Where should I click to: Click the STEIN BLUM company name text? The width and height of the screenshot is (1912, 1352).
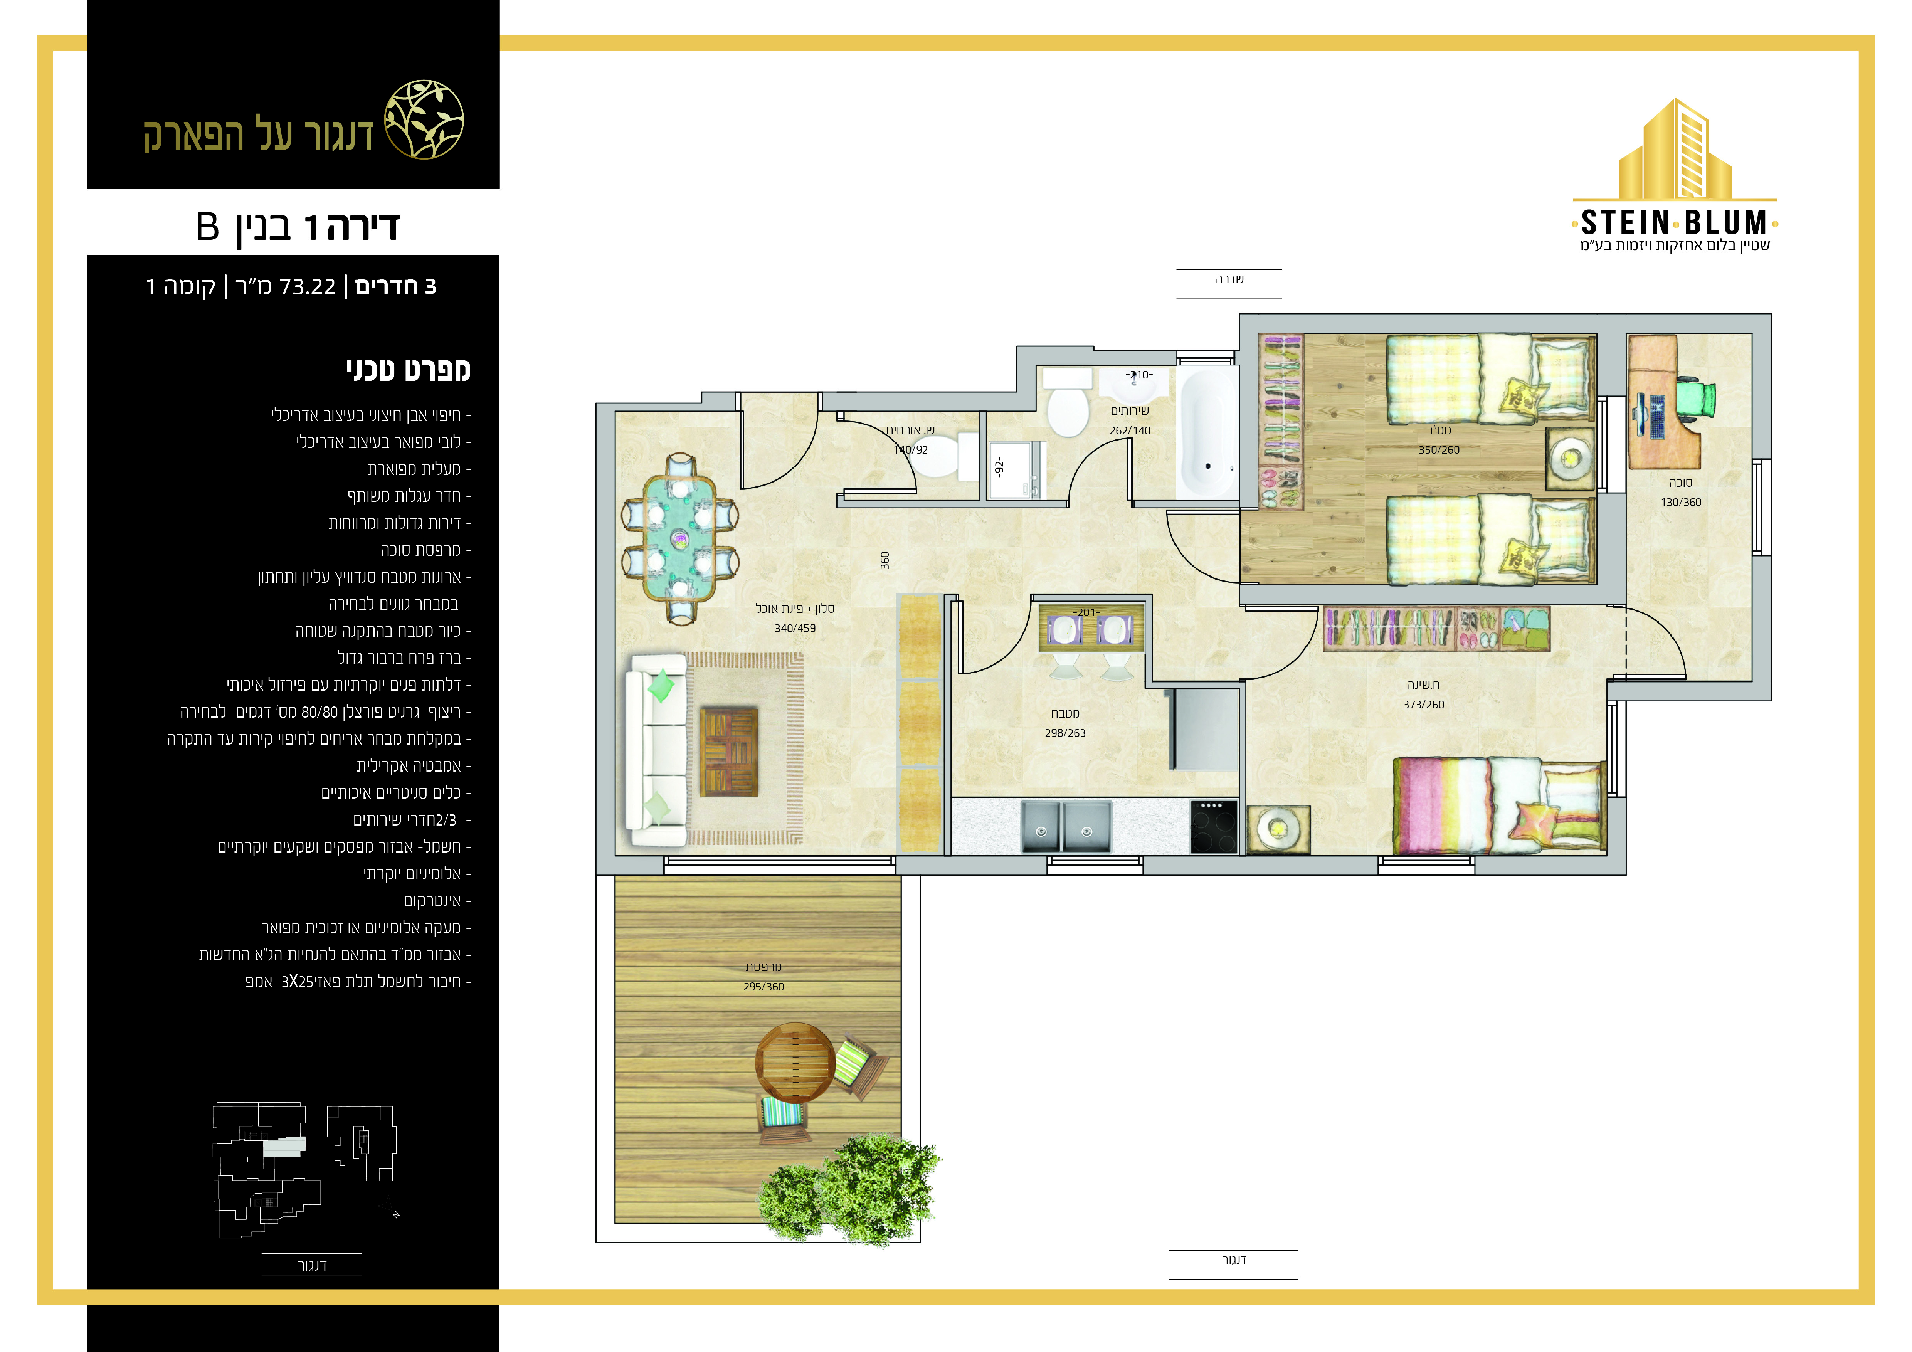(1674, 222)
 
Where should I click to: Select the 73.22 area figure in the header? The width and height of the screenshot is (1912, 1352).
(308, 286)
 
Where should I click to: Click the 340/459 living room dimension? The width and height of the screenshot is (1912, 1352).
(795, 629)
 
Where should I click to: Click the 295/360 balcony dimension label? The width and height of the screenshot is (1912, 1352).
(763, 987)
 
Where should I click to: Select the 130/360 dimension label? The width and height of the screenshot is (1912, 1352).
(1680, 502)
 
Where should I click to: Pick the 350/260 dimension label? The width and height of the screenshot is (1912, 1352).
(1439, 449)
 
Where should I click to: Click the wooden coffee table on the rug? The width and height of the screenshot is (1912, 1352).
(730, 752)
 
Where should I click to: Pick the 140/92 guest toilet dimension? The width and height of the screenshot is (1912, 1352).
(911, 449)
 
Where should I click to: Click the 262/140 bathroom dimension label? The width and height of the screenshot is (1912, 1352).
(1130, 430)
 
